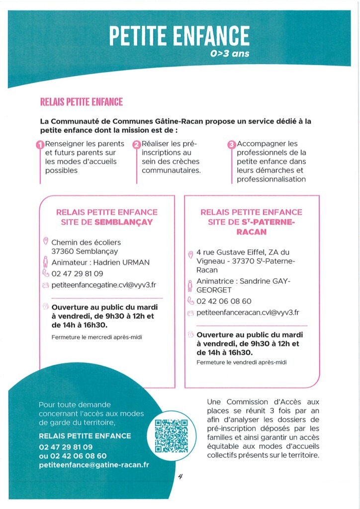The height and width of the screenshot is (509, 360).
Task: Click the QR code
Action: [172, 432]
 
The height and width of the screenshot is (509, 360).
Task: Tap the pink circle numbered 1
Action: [40, 145]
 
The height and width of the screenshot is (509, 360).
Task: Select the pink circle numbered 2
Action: [137, 145]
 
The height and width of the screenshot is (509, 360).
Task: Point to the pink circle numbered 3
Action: [231, 145]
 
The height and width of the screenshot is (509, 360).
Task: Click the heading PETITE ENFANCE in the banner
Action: [179, 36]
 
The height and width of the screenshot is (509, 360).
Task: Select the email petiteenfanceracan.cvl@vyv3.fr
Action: [248, 313]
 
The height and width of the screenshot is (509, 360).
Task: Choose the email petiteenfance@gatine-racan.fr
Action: [94, 465]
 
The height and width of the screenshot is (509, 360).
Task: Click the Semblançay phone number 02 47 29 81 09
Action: [77, 274]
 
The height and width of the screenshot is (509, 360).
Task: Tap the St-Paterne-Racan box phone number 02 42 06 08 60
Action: [224, 301]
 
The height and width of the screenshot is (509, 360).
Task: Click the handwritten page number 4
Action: [180, 476]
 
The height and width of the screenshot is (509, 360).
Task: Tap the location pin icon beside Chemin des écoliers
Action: [46, 242]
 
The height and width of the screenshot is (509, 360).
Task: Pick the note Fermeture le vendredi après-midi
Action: [242, 362]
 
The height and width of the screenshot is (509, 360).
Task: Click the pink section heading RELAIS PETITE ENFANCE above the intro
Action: [81, 102]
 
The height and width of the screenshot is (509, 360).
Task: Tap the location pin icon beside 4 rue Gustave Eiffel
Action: [190, 254]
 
